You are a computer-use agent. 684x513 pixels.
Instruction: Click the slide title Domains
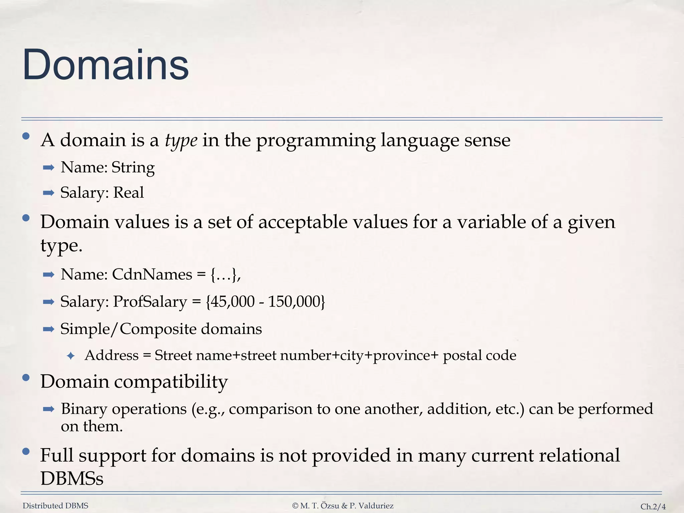[x=106, y=65]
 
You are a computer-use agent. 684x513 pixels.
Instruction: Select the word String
[x=133, y=167]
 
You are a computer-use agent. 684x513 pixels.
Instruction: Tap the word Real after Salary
[x=129, y=193]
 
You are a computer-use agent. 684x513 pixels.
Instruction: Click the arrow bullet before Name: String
[x=49, y=168]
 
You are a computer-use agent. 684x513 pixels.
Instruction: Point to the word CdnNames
[x=152, y=275]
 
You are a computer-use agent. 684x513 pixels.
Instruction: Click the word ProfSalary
[x=150, y=302]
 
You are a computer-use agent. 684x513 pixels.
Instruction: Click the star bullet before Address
[x=70, y=356]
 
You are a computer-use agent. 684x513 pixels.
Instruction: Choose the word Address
[x=112, y=355]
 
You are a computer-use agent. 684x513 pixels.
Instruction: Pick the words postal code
[x=479, y=355]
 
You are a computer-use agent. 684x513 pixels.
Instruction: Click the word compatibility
[x=171, y=382]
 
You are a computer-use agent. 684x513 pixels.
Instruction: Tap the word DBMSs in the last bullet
[x=72, y=479]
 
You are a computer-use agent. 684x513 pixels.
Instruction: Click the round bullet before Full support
[x=26, y=452]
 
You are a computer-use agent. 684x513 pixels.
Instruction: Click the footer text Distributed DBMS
[x=55, y=506]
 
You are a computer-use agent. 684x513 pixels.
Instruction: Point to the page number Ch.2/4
[x=653, y=507]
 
